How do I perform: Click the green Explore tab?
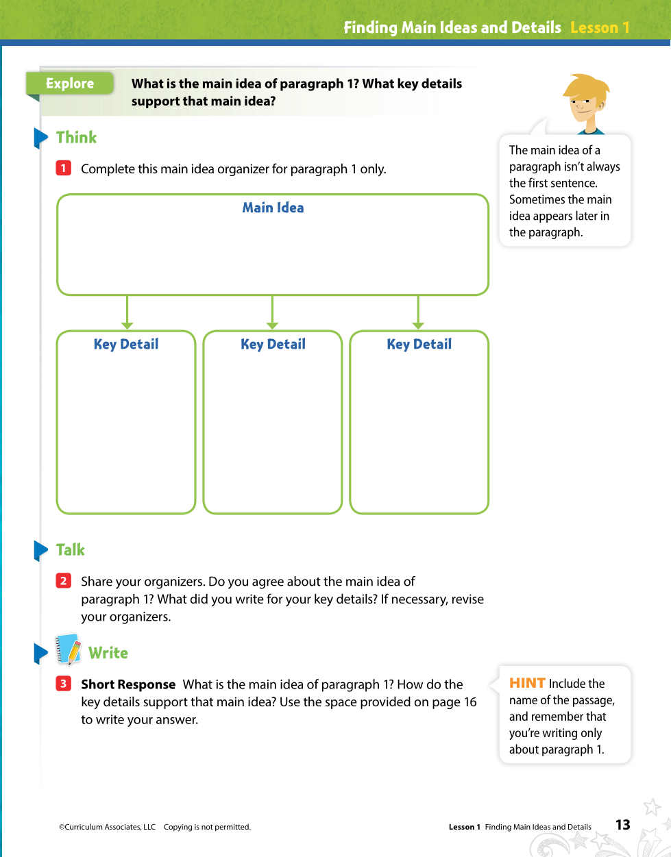click(x=69, y=84)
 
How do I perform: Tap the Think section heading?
click(x=76, y=138)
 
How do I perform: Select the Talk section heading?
click(x=70, y=550)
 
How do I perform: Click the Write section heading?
click(x=108, y=653)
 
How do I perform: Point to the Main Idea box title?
click(x=273, y=208)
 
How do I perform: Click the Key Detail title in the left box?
click(x=126, y=344)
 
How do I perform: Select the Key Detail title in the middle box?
click(x=273, y=344)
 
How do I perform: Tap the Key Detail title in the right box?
click(x=419, y=344)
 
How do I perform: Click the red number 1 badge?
click(x=64, y=169)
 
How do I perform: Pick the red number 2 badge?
click(x=64, y=581)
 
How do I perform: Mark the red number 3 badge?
click(x=64, y=684)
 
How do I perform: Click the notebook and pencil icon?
click(x=68, y=649)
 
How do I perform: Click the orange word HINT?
click(x=527, y=683)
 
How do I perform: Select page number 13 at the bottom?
click(x=622, y=825)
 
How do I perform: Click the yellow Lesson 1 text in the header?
click(x=599, y=27)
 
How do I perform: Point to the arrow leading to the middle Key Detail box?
click(x=273, y=313)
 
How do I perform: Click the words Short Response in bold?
click(x=128, y=684)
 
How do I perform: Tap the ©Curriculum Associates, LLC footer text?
click(x=107, y=827)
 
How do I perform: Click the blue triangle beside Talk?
click(x=40, y=550)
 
